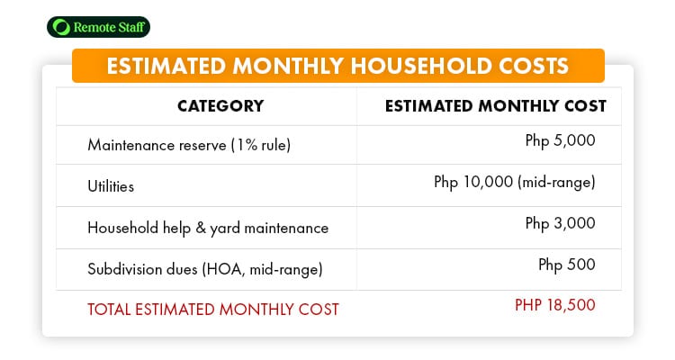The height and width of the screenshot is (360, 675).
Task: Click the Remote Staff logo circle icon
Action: click(x=61, y=27)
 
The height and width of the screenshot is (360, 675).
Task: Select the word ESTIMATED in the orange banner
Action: click(x=166, y=66)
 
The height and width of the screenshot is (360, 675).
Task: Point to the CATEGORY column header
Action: click(x=220, y=106)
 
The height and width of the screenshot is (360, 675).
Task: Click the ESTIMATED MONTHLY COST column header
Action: click(x=496, y=106)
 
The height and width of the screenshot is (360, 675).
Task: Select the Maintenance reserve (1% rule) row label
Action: click(x=189, y=145)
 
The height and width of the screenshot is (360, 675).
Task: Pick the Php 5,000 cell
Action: click(x=560, y=140)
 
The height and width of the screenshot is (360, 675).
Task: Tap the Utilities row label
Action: click(x=111, y=186)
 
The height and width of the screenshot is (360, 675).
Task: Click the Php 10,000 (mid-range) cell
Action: click(x=515, y=182)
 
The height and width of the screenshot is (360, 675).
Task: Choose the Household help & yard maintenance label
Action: click(x=208, y=228)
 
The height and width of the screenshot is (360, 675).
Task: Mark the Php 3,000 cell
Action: click(x=560, y=223)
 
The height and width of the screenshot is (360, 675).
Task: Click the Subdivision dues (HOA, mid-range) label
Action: click(x=205, y=269)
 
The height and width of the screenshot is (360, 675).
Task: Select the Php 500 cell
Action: click(x=566, y=265)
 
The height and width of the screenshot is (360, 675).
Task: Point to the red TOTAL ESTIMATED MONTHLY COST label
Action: click(x=213, y=310)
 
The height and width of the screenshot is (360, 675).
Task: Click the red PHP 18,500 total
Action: click(x=555, y=305)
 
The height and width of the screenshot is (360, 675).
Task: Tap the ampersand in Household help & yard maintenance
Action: click(x=201, y=228)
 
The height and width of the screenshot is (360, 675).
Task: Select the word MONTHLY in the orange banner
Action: click(x=288, y=66)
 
